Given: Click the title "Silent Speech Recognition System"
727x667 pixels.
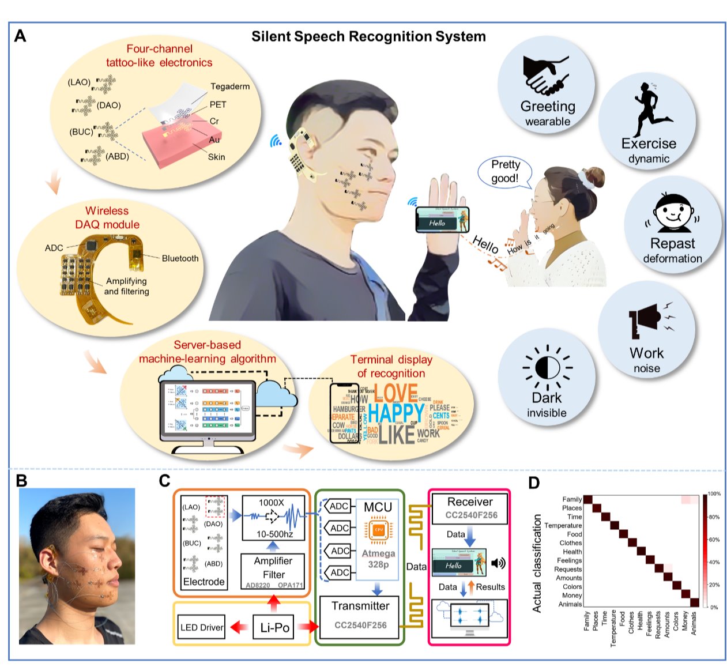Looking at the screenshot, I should click(x=368, y=37).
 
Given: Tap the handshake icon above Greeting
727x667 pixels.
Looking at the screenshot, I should click(x=545, y=75).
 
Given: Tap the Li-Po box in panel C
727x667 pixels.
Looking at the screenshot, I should click(x=274, y=627).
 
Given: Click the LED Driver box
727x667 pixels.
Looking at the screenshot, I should click(x=202, y=627).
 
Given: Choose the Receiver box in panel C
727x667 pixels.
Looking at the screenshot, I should click(x=470, y=508).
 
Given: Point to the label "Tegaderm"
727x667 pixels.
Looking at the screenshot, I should click(x=230, y=86).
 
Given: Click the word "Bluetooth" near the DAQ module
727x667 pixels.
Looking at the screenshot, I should click(x=180, y=258).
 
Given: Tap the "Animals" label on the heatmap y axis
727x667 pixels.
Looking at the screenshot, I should click(x=570, y=604).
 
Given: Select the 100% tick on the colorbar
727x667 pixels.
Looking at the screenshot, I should click(x=714, y=494).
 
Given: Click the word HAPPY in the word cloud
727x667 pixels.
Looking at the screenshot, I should click(x=396, y=413).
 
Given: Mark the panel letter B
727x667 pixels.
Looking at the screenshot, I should click(x=22, y=480).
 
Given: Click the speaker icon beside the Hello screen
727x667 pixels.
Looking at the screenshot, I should click(x=498, y=563).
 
